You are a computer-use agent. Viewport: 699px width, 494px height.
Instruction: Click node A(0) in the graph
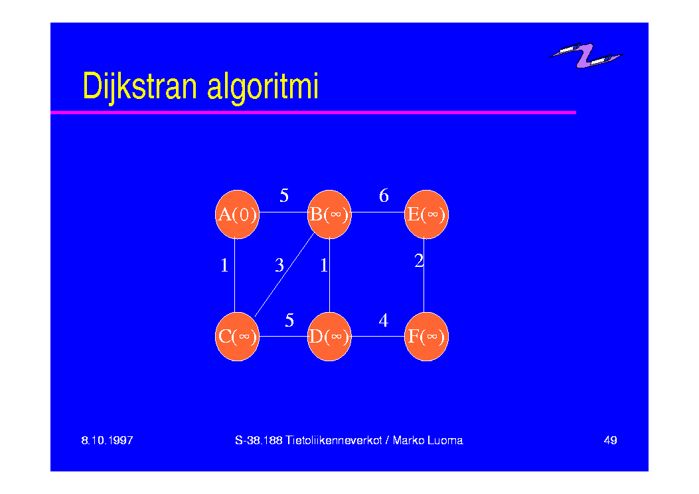coord(237,214)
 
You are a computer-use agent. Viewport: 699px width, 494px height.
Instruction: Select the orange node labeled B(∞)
coord(329,214)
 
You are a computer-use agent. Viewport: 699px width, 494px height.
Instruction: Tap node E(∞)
coord(426,214)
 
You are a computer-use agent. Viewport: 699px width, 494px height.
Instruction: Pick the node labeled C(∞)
coord(237,337)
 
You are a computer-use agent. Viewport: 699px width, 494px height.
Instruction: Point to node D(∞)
coord(329,337)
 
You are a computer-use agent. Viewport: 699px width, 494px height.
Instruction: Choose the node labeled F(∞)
coord(426,337)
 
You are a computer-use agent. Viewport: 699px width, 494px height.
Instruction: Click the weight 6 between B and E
coord(384,195)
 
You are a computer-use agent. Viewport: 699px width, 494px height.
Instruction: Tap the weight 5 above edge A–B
coord(284,195)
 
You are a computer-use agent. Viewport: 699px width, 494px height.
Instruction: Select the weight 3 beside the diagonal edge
coord(279,266)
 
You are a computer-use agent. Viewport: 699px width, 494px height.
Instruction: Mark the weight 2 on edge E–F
coord(419,260)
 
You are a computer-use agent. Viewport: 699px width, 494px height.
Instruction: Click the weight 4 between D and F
coord(384,320)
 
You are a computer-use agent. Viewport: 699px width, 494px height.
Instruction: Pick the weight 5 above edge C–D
coord(289,320)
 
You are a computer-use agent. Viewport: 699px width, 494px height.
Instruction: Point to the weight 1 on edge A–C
coord(224,266)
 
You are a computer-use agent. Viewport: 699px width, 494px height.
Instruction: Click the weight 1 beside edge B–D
coord(324,266)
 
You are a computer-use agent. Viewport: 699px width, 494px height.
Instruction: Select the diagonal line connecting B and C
coord(284,275)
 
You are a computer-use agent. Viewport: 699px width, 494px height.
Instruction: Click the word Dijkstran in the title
coord(139,86)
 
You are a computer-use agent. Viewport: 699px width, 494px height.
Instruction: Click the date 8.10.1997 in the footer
coord(107,440)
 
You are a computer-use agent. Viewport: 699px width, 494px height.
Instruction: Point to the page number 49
coord(610,440)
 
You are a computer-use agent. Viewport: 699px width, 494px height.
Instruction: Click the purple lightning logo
coord(585,56)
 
